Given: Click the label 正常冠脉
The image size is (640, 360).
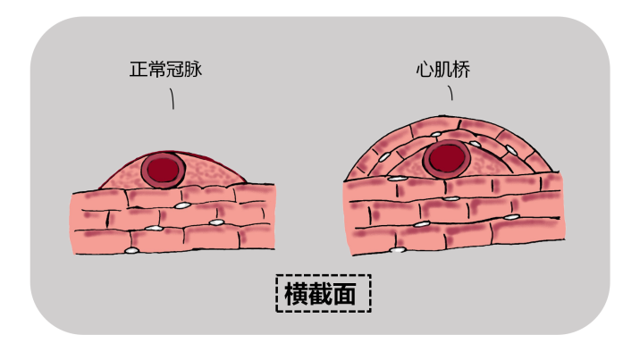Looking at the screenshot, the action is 165,70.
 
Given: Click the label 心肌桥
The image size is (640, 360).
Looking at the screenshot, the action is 443,70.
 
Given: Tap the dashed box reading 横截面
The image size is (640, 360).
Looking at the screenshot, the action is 324,294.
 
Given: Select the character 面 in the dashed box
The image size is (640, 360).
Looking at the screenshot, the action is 344,294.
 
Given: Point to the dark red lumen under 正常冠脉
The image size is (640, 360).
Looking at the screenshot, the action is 163,170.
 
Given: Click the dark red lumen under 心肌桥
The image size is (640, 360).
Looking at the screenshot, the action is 447,159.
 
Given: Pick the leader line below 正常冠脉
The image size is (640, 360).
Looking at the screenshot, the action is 173,99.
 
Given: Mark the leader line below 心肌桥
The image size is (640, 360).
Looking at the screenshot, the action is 451,93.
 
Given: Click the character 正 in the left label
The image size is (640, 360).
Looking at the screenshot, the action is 139,70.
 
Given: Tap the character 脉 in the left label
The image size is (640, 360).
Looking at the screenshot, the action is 193,70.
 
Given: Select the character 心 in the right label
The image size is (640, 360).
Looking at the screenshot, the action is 425,70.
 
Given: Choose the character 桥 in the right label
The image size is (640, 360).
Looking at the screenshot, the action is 462,70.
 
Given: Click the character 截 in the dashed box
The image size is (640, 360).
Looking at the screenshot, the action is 320,294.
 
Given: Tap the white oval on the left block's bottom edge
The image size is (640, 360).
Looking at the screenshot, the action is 131,251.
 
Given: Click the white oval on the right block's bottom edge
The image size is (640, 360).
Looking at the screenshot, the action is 398,249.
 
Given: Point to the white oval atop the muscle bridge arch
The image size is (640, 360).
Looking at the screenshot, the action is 436,134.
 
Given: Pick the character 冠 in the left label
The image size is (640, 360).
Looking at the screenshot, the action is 175,70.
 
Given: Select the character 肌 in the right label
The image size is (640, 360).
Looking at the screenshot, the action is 443,70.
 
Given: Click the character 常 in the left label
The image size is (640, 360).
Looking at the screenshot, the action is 156,70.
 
